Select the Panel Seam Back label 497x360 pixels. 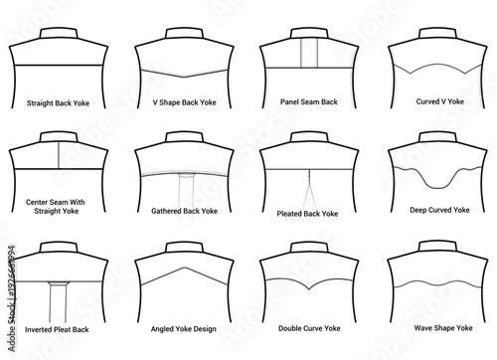click(x=309, y=101)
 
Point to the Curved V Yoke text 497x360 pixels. click(x=434, y=101)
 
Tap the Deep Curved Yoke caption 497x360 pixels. click(x=434, y=210)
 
